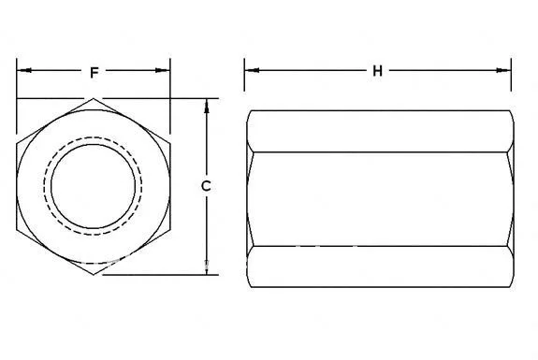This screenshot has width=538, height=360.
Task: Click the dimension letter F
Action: tap(94, 71)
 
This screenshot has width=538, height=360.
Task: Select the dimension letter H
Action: tap(378, 71)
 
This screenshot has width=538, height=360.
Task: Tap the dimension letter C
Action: tap(206, 186)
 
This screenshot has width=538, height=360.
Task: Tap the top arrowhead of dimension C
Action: tap(206, 104)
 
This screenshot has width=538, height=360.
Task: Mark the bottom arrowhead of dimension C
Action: tap(206, 269)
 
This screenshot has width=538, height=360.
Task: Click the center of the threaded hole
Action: tap(93, 186)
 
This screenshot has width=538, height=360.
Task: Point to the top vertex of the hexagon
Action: tap(93, 98)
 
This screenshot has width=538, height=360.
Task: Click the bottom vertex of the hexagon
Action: tap(93, 275)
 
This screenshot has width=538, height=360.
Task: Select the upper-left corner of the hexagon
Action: tap(17, 142)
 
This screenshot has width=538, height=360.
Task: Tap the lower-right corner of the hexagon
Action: tap(169, 230)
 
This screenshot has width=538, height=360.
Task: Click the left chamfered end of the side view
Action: tap(250, 186)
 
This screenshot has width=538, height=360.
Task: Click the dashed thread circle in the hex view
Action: tap(93, 139)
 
